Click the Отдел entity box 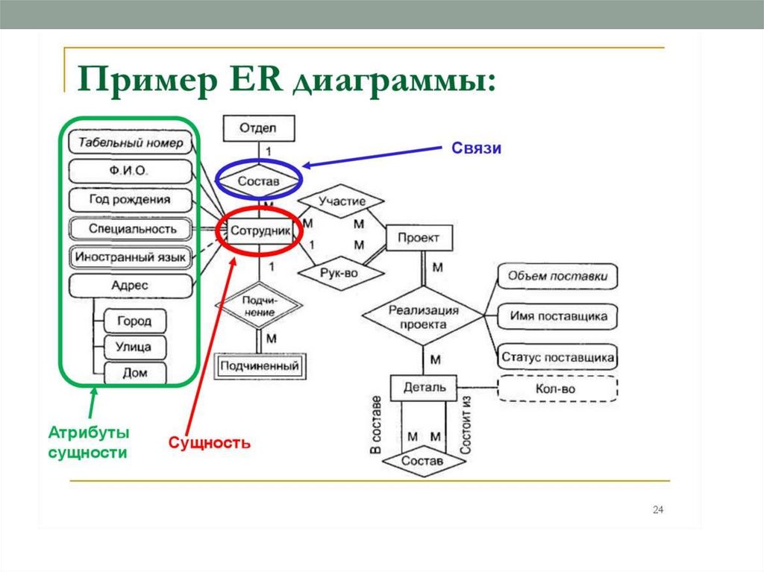click(x=258, y=128)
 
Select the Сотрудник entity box click(x=259, y=231)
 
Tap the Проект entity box click(x=419, y=238)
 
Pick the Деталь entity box click(x=424, y=387)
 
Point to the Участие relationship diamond click(x=341, y=201)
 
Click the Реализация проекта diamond click(x=422, y=316)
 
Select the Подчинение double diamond click(x=259, y=306)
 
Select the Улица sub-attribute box click(x=134, y=347)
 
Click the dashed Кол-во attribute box click(x=556, y=389)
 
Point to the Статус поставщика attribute click(x=557, y=357)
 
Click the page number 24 click(x=657, y=509)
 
